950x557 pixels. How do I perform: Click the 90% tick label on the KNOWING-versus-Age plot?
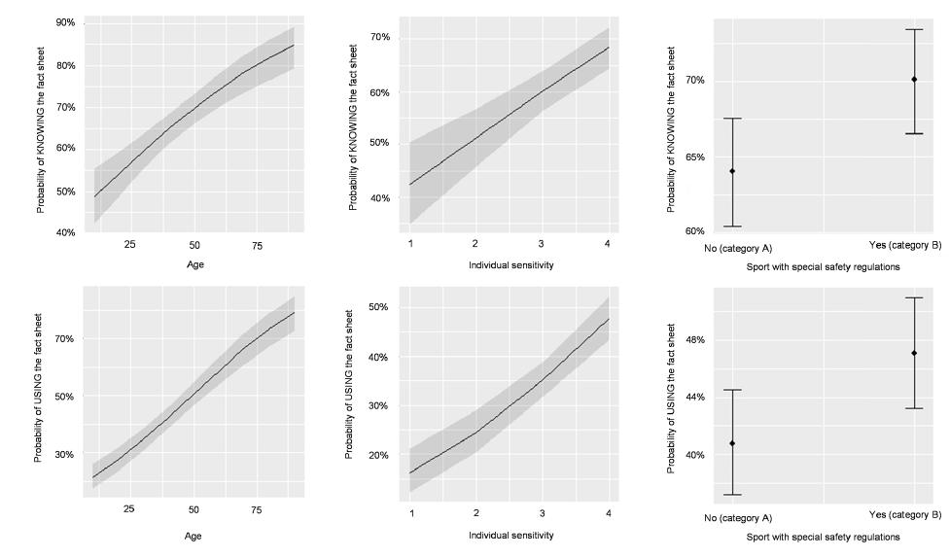[x=64, y=22]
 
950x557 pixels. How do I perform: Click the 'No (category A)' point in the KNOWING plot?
[x=732, y=171]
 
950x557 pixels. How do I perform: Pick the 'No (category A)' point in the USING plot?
[x=732, y=443]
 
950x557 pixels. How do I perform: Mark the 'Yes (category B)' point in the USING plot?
[x=914, y=353]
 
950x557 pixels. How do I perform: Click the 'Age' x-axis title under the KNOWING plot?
[x=194, y=264]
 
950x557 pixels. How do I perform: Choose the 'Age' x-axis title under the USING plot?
[x=194, y=536]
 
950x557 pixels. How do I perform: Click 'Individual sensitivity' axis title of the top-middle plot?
[x=510, y=264]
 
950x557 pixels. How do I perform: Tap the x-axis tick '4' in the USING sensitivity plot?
[x=608, y=511]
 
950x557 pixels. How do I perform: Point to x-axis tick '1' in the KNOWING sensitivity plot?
[x=410, y=243]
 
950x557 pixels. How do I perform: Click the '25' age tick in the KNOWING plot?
[x=130, y=245]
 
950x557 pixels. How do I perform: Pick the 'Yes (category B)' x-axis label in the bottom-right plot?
[x=905, y=514]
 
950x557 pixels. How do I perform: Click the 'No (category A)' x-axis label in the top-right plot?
[x=738, y=248]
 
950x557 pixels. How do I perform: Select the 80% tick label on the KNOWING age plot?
[x=64, y=65]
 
